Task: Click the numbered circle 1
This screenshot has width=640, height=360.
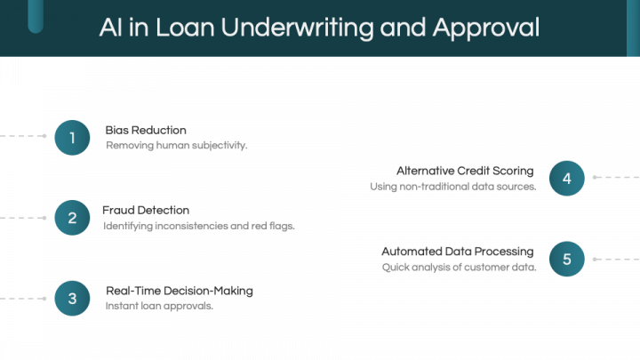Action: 72,138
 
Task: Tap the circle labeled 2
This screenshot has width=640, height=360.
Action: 72,218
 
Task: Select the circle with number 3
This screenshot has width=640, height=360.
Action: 72,299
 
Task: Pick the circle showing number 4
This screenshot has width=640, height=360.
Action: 567,179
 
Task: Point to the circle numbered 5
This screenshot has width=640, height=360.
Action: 567,259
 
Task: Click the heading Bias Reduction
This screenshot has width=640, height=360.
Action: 146,130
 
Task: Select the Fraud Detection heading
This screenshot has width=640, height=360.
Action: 146,210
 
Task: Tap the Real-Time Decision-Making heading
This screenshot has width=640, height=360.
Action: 180,291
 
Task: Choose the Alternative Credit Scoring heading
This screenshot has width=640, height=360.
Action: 465,171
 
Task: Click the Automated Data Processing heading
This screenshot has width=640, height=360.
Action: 458,252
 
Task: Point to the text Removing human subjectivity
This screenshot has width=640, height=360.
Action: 176,145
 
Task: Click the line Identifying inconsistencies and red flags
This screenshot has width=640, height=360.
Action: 199,226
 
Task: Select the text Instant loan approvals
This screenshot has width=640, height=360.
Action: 159,306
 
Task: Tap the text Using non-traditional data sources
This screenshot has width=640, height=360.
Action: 453,187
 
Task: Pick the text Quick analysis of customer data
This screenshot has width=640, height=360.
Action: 460,268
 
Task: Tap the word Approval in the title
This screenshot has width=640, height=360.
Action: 486,28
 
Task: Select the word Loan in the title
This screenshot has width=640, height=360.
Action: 185,28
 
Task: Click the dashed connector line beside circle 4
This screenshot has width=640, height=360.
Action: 616,178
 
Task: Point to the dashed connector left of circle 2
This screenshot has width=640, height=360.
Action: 23,218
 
